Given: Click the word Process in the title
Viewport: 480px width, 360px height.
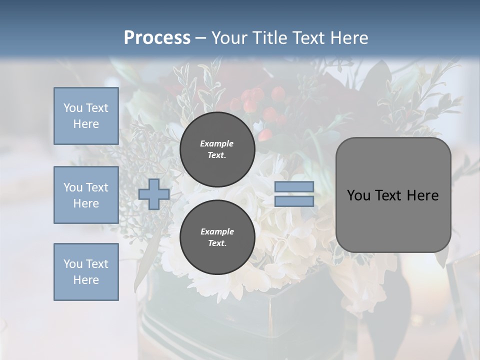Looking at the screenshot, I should (x=157, y=37).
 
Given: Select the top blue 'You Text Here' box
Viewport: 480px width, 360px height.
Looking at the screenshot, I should (x=86, y=116).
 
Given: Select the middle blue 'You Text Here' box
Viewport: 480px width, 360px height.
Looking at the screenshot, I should (x=86, y=195).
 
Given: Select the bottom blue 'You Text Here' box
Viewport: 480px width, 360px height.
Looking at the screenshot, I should (x=86, y=272).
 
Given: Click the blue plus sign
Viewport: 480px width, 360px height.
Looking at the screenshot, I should (x=153, y=194).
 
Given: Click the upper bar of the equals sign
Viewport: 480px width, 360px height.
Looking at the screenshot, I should (x=294, y=186).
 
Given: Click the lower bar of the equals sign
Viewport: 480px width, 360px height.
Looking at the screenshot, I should (x=294, y=201).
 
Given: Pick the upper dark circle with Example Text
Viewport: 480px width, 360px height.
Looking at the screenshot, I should (x=217, y=149).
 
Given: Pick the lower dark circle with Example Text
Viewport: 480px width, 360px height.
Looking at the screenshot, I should (x=217, y=237).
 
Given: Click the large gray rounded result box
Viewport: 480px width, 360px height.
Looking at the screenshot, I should (x=393, y=195).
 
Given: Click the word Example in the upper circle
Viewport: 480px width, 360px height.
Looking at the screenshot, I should (x=217, y=143).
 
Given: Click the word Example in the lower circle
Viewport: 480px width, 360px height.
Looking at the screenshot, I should (x=217, y=231).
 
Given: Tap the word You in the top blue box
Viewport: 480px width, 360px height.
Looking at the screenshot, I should (x=72, y=108).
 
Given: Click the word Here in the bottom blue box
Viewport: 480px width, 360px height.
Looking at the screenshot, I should (x=86, y=280).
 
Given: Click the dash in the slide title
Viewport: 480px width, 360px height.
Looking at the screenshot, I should (x=200, y=38).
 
